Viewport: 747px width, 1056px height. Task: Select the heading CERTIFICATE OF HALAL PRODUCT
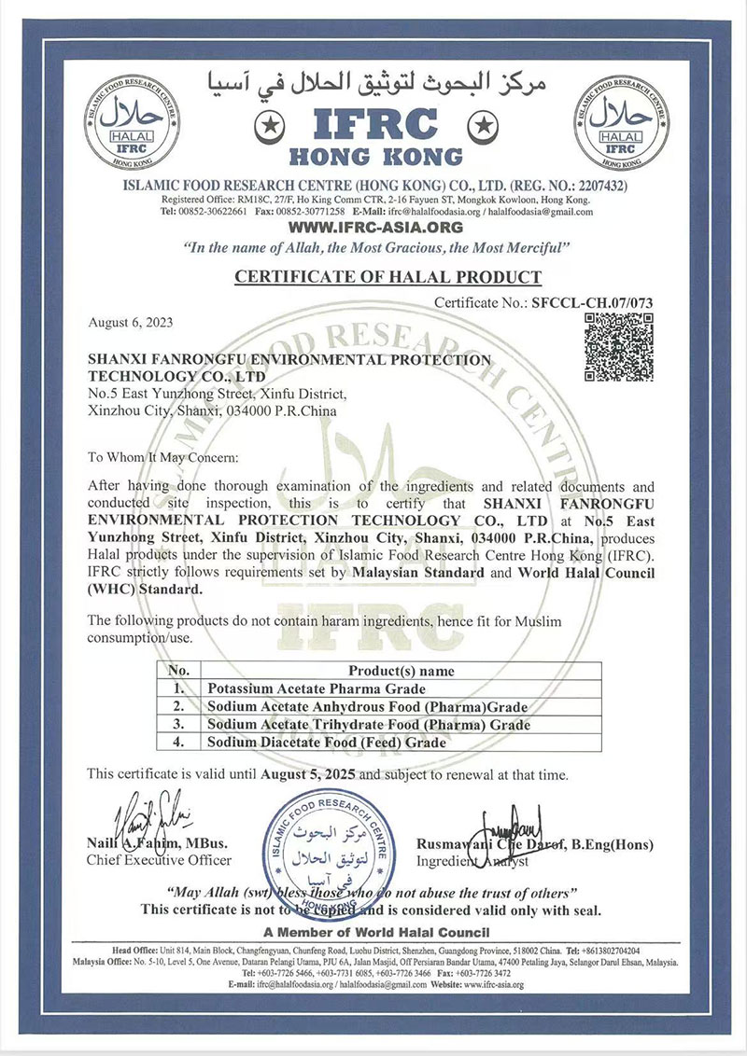click(x=388, y=277)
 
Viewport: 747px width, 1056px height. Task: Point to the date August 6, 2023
click(x=130, y=323)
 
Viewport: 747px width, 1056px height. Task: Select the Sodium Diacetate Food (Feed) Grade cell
click(x=326, y=743)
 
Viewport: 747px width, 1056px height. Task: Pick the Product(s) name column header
click(x=402, y=671)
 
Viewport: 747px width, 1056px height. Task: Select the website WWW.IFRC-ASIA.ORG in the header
click(x=376, y=227)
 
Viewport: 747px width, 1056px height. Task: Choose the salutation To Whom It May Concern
click(x=163, y=457)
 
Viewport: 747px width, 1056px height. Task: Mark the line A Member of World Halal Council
click(x=376, y=932)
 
